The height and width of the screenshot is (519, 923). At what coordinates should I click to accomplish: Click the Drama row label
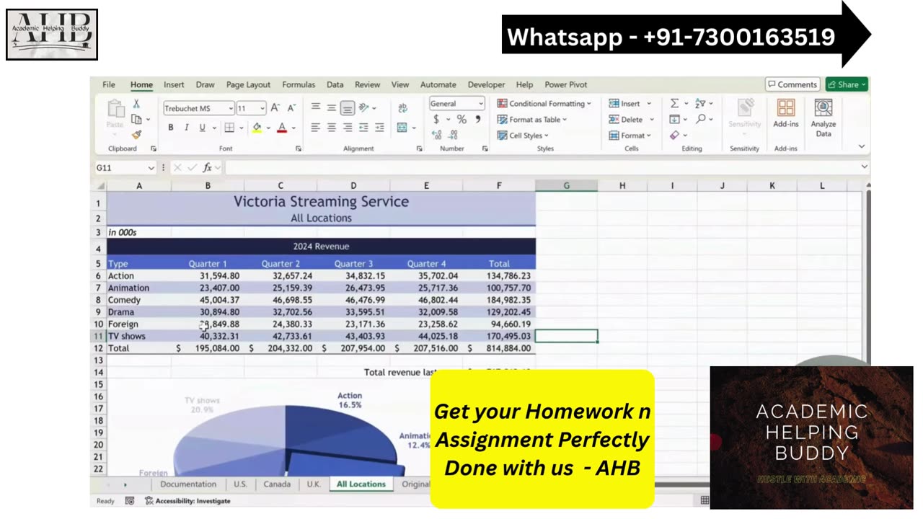(121, 312)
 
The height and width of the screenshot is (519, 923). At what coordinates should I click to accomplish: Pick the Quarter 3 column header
(353, 264)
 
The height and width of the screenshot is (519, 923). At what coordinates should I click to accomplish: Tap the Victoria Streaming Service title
(321, 202)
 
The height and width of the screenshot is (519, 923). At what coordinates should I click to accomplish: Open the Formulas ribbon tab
(299, 84)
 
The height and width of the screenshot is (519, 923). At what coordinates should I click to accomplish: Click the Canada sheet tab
(277, 484)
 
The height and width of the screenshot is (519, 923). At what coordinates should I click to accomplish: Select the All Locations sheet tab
(361, 484)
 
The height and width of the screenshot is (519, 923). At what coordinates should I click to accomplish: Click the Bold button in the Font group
(171, 128)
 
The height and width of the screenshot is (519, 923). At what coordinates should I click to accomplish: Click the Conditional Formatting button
(544, 104)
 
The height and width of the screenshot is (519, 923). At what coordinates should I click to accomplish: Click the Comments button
(792, 84)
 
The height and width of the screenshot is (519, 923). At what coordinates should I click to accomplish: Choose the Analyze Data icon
(823, 117)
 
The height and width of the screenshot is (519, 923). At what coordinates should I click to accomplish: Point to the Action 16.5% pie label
(350, 400)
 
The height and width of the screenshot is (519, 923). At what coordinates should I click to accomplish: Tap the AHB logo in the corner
(52, 34)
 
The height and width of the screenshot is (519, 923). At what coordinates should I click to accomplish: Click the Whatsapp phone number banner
(671, 37)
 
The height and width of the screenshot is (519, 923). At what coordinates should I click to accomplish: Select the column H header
(622, 186)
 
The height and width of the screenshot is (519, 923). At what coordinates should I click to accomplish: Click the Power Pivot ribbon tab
(565, 84)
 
